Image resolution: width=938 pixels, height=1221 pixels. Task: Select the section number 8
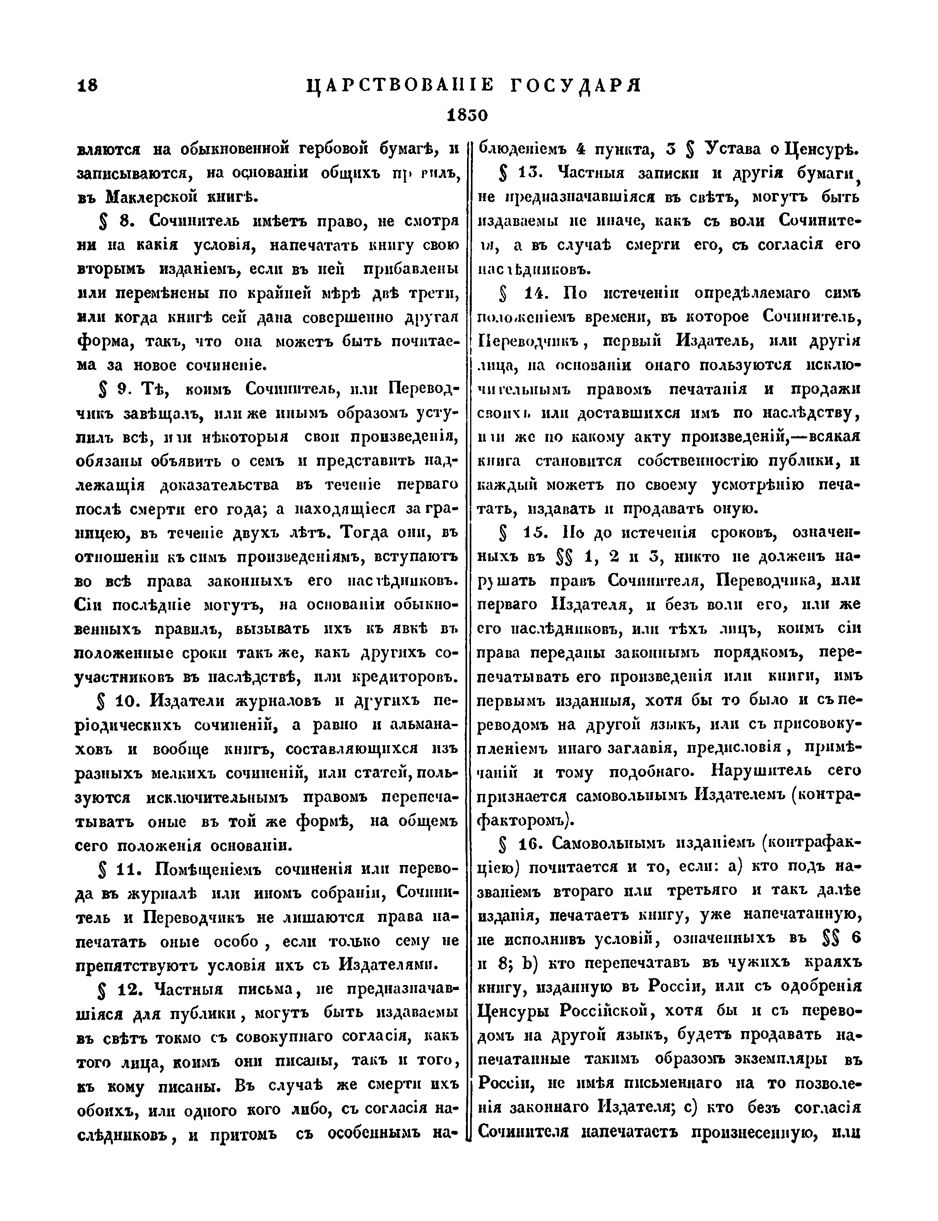pyautogui.click(x=124, y=221)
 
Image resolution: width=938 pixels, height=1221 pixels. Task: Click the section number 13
pyautogui.click(x=527, y=173)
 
